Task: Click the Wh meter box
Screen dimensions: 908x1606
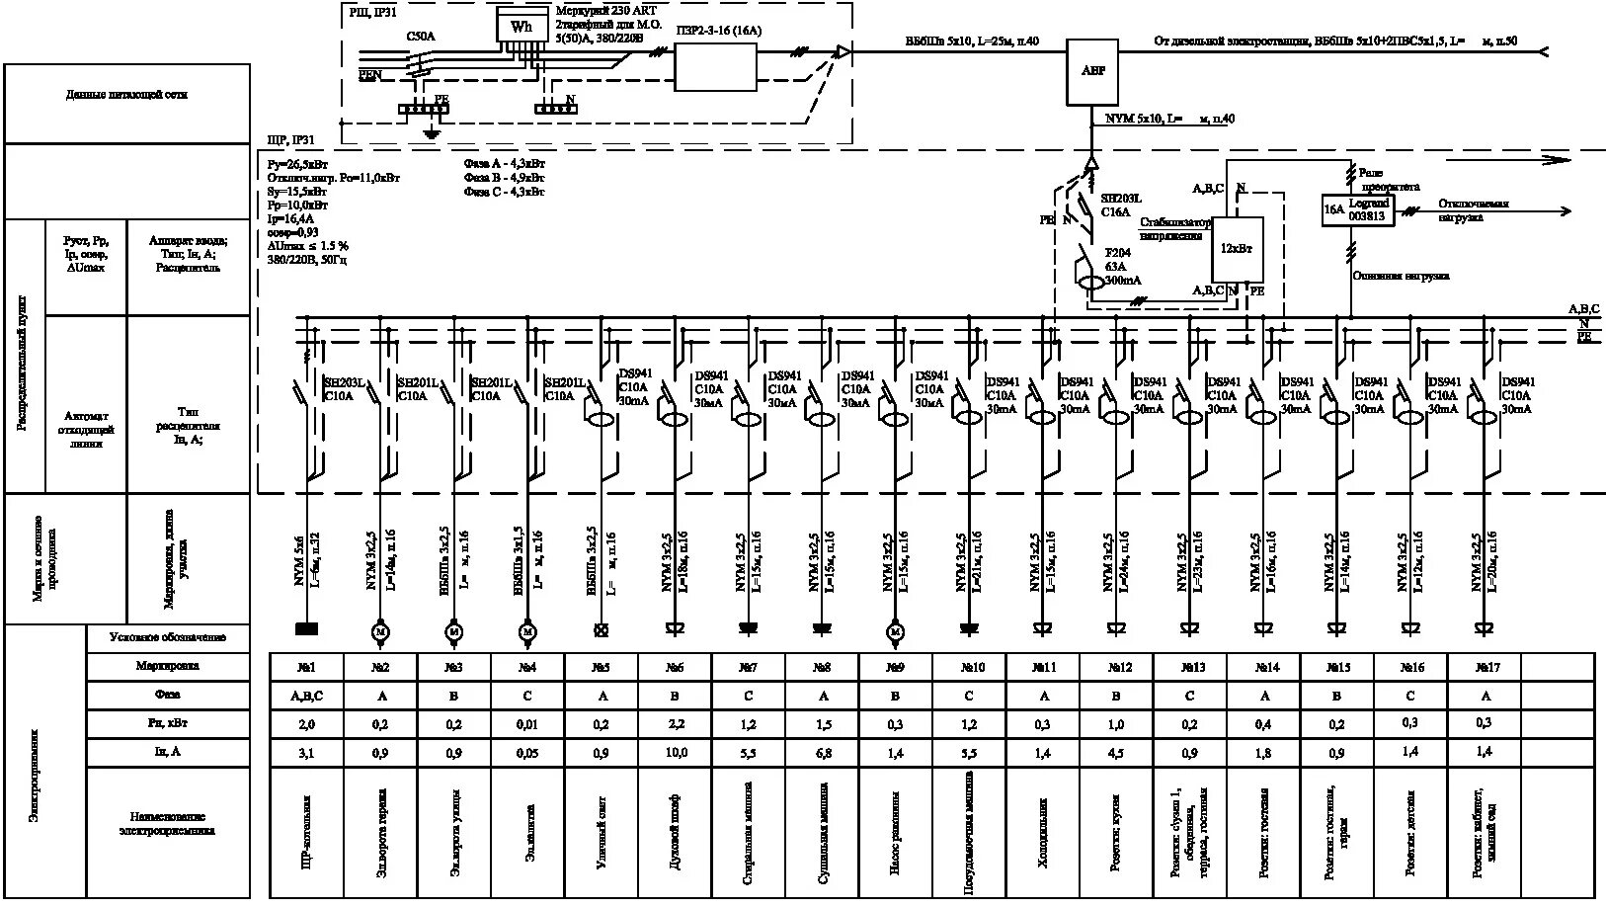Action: [x=522, y=27]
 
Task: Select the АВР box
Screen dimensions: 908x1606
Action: [x=1092, y=71]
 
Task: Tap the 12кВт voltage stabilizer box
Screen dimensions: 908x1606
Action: [x=1237, y=249]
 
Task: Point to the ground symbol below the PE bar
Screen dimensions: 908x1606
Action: [x=430, y=132]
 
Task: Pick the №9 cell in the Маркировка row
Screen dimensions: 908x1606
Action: [x=895, y=667]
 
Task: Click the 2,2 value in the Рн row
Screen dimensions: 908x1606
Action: [x=675, y=724]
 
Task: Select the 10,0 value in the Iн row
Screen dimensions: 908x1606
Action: [x=675, y=753]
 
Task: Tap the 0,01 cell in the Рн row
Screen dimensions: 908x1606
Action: [x=527, y=724]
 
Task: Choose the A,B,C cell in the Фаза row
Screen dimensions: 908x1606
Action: [x=306, y=696]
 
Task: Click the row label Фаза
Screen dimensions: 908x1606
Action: [x=167, y=695]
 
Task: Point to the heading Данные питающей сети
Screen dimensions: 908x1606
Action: [x=126, y=95]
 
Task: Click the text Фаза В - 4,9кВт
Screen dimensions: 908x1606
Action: [x=504, y=178]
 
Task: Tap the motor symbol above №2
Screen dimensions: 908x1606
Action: [x=380, y=630]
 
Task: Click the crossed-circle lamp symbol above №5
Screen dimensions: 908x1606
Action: [x=601, y=630]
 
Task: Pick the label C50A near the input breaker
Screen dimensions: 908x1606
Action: [x=421, y=37]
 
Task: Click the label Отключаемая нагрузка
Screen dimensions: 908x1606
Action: [x=1474, y=209]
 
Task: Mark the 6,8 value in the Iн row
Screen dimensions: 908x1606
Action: [x=822, y=753]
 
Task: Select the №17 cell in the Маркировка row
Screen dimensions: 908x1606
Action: [x=1483, y=667]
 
